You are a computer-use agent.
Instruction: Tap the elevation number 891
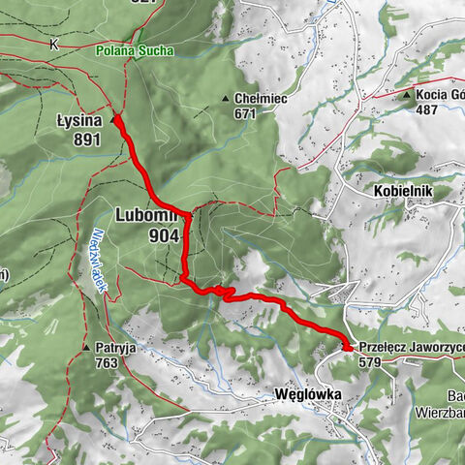tap(79, 139)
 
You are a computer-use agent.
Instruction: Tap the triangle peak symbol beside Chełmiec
tap(226, 98)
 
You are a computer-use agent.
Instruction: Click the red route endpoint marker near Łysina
tap(116, 119)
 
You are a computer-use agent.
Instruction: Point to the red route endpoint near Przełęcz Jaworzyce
tap(347, 346)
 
